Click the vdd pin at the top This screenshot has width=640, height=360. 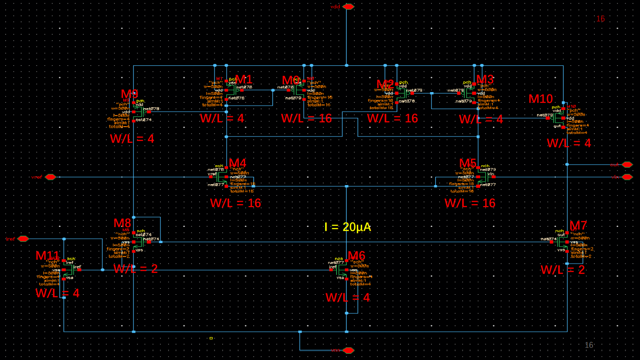[348, 7]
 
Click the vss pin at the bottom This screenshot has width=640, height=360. [348, 350]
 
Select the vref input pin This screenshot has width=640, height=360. [50, 177]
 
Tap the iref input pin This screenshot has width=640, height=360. [23, 239]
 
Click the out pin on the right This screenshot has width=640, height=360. [627, 165]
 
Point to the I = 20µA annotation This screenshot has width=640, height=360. [348, 227]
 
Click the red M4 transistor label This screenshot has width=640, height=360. [237, 163]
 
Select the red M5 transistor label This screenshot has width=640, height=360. [467, 163]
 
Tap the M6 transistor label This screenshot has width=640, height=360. [356, 256]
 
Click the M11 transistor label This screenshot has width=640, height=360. [47, 256]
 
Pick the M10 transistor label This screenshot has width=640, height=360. [541, 99]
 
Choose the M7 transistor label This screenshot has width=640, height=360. [578, 226]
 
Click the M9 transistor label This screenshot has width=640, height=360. [130, 94]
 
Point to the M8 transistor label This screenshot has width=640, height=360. [122, 223]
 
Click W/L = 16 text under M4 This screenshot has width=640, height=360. [235, 203]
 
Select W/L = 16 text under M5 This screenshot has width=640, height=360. [469, 203]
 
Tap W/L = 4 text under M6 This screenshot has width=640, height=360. [348, 297]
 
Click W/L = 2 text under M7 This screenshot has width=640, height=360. [562, 269]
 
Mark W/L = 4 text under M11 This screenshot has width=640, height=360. [57, 293]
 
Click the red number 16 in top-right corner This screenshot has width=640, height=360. [601, 19]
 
